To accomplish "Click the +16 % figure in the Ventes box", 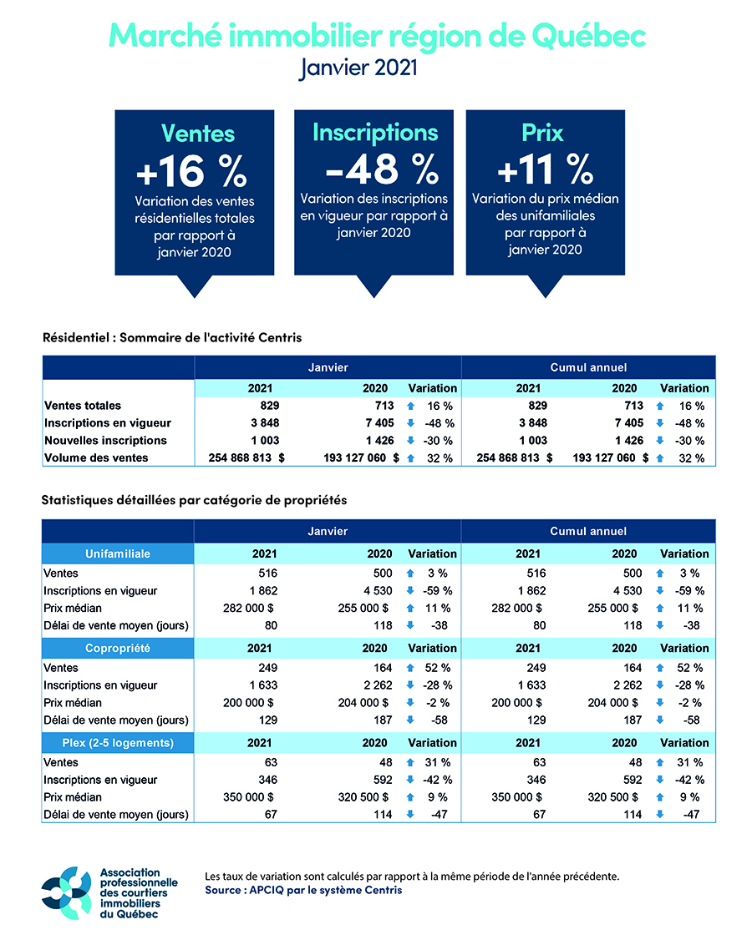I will click(191, 170).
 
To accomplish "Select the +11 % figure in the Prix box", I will click(544, 170).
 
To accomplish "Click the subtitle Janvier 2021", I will click(358, 68).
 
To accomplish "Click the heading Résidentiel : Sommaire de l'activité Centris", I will click(172, 338).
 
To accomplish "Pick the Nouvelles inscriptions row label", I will click(105, 440).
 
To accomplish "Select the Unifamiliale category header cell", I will click(118, 553).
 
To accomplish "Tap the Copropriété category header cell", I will click(118, 648).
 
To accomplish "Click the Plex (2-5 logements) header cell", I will click(118, 743).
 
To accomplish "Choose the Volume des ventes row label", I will click(96, 457).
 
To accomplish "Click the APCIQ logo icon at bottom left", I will click(67, 891).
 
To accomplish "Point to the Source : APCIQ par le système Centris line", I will click(303, 891).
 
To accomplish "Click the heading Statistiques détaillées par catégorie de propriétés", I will click(194, 500).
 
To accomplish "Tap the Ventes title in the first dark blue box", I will click(198, 134).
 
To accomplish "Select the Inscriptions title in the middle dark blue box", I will click(374, 132).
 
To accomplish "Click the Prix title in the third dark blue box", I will click(542, 133).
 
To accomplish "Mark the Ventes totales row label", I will click(83, 405).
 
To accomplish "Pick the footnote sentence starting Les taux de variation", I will click(412, 877).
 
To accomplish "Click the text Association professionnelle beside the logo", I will click(138, 877).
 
